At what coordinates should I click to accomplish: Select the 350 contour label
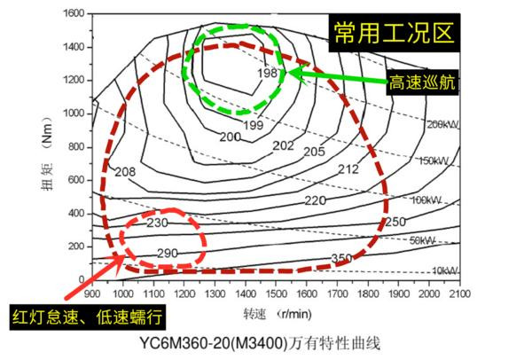[341, 258]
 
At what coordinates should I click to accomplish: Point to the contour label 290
[167, 253]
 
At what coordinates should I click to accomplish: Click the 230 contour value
[157, 222]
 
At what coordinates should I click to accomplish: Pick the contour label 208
[125, 171]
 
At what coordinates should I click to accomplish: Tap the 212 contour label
[348, 168]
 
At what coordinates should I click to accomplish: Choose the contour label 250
[395, 221]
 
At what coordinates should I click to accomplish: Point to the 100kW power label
[426, 200]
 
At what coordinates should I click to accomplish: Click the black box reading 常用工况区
[393, 34]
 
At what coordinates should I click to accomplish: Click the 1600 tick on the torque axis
[72, 14]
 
